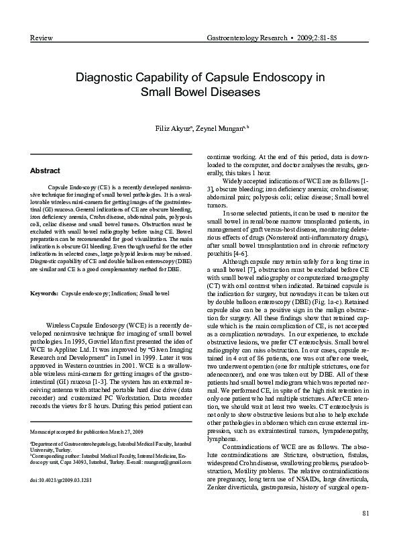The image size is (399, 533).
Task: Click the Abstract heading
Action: click(x=46, y=171)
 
